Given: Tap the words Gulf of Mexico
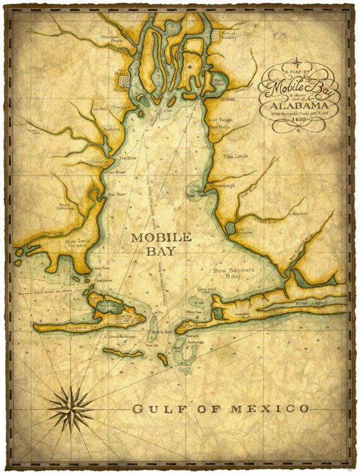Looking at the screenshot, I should pos(220,409).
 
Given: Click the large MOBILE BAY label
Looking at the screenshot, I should pos(160,244).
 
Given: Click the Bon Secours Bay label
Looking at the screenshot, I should pos(234,273).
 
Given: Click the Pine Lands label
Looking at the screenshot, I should pos(236,156).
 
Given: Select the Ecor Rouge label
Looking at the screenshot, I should pos(222,118).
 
